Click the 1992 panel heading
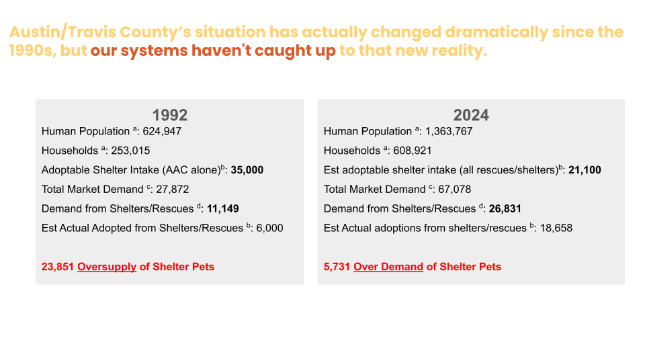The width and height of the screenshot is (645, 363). coord(169,114)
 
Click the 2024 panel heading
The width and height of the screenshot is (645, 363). coord(471,114)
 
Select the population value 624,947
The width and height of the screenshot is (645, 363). coord(162,131)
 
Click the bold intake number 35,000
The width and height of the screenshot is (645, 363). coord(247,170)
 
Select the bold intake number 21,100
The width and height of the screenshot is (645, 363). coord(585,170)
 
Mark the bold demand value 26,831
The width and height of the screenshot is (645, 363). coord(505,209)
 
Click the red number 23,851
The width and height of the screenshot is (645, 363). coord(58,267)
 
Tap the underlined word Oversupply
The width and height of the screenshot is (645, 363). coord(107,267)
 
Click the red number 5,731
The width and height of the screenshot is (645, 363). coord(337,267)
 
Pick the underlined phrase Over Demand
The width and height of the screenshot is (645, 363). coord(388,267)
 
